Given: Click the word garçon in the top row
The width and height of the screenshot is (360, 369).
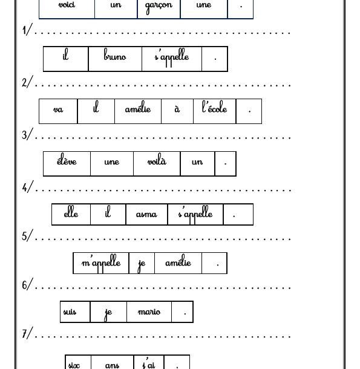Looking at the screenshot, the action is coord(159,7).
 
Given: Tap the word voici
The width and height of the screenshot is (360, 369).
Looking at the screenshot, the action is coord(67,4).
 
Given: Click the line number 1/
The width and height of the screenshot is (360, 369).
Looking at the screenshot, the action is coord(27,30).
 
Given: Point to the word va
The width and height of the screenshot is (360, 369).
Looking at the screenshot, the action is coord(58,109).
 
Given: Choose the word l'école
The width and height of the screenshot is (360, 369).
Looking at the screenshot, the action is coord(215,107).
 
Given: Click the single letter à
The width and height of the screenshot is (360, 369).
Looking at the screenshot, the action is coord(177,108).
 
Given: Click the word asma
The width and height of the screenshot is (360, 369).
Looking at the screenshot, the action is coord(146,214).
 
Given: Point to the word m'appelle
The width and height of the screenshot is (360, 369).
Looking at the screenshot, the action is coord(101,262).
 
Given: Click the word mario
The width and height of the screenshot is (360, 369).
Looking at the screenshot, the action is coord(149,312).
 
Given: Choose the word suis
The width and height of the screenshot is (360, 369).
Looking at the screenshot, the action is coord(70,312).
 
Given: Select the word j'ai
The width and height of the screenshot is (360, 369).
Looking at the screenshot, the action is coord(149,364).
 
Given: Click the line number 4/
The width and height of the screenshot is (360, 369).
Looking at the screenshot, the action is coord(28,187).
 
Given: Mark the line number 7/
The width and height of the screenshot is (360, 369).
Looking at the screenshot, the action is coord(27,333).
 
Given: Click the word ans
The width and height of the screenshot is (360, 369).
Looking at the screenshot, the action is coord(112,365).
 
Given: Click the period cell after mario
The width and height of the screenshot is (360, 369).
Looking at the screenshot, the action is coord(183,312).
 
